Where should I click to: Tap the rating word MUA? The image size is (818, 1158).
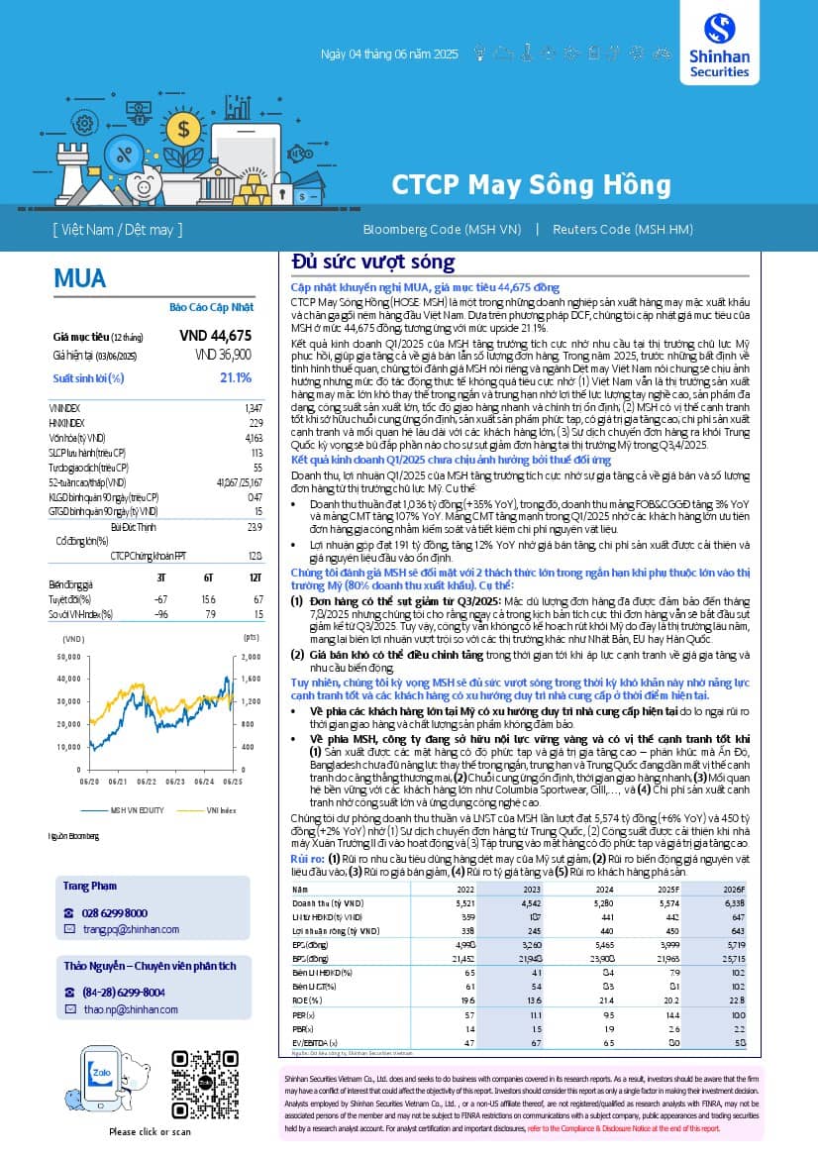80,279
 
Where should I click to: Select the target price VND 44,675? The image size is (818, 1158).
216,336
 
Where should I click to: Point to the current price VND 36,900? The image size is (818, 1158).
223,355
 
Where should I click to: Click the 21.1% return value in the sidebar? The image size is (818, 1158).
235,377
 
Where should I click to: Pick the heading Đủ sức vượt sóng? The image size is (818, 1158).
372,263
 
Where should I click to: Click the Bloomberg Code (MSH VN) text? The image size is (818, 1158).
442,230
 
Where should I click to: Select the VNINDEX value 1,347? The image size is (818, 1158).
254,408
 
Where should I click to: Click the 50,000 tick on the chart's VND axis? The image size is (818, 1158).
68,657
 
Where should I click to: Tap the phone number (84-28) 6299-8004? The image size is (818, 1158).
124,992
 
